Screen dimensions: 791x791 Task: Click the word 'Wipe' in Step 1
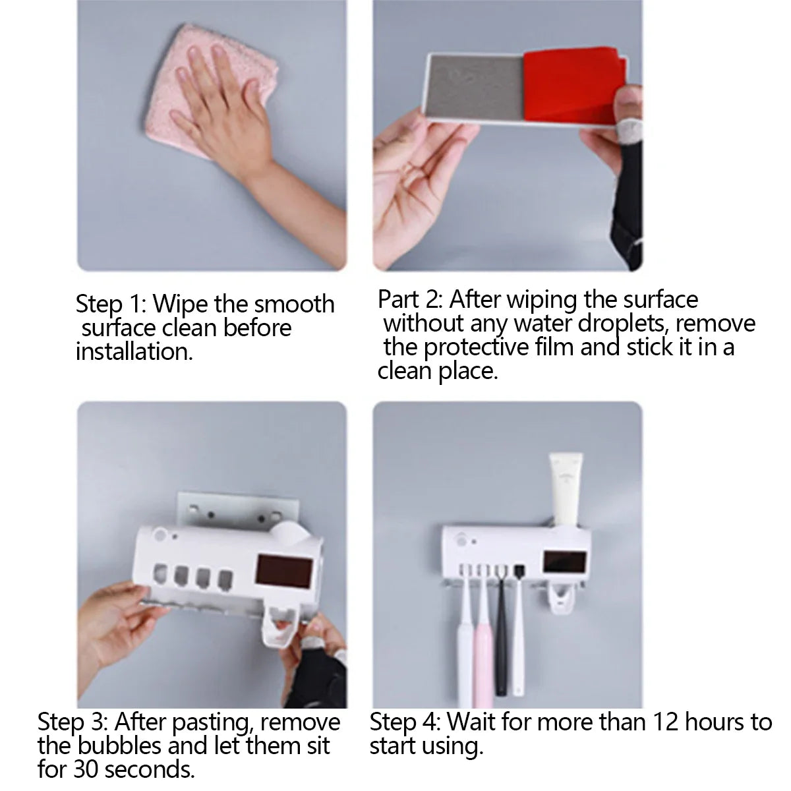point(180,304)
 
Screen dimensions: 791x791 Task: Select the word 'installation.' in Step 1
point(134,352)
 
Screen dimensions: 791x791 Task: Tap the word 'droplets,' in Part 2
point(624,324)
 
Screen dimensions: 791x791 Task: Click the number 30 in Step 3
point(86,769)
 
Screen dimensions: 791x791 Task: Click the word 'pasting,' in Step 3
point(212,723)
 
